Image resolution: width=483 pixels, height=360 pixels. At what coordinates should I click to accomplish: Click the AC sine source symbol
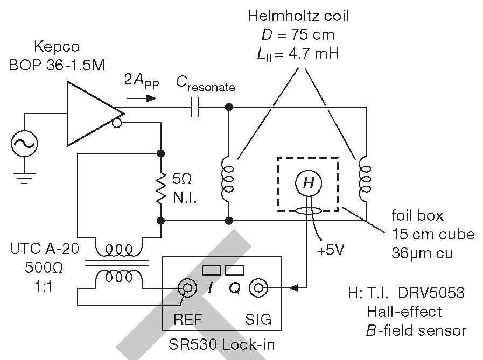pyautogui.click(x=24, y=144)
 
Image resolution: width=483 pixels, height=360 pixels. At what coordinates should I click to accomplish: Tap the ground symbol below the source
pyautogui.click(x=24, y=179)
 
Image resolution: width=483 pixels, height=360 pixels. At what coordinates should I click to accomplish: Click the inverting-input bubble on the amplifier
pyautogui.click(x=117, y=123)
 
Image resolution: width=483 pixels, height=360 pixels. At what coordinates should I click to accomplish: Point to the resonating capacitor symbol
pyautogui.click(x=195, y=107)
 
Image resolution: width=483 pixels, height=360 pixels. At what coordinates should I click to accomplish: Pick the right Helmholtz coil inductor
pyautogui.click(x=365, y=180)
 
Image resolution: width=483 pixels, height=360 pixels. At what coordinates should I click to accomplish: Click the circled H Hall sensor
pyautogui.click(x=309, y=183)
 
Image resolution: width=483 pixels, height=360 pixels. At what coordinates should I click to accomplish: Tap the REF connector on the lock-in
pyautogui.click(x=187, y=288)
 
